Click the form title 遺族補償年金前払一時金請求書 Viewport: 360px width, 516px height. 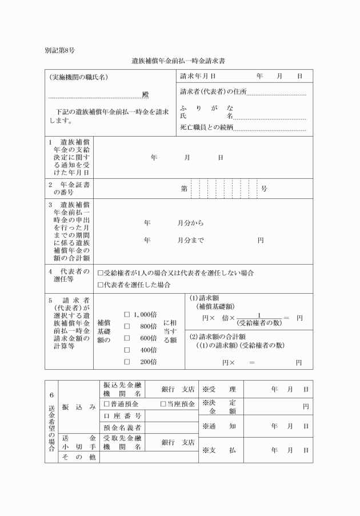click(x=181, y=60)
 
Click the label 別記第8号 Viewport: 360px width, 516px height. click(x=59, y=50)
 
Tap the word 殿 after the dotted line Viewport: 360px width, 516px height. click(x=146, y=95)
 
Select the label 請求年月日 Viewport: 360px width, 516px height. click(x=197, y=76)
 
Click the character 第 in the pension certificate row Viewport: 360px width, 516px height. click(x=184, y=188)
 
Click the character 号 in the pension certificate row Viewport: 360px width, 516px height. click(x=264, y=188)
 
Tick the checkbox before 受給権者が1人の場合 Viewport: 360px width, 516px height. click(x=101, y=273)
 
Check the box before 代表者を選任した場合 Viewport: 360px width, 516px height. click(x=101, y=285)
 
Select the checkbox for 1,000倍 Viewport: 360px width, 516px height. click(x=127, y=314)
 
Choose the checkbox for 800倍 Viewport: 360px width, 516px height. click(x=127, y=326)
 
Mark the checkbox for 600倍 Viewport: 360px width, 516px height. click(x=127, y=338)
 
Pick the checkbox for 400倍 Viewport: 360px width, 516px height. click(x=127, y=350)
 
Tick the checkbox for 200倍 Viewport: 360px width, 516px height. click(x=127, y=362)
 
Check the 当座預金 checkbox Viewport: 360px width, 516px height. click(x=163, y=404)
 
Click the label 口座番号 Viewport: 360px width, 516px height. click(x=122, y=415)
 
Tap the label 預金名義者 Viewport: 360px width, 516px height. click(x=122, y=427)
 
